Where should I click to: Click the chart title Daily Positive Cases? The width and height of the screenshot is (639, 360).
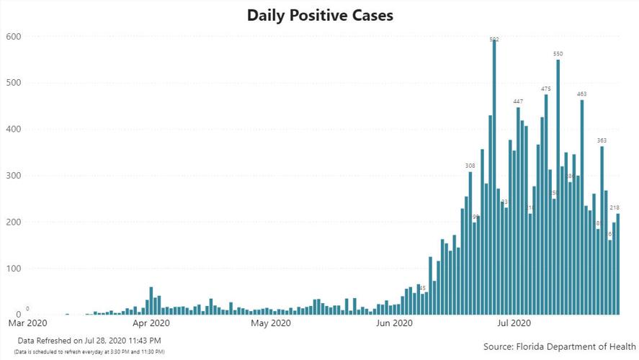320,15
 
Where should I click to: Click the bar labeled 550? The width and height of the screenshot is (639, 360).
558,187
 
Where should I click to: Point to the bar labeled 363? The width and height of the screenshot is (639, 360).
602,230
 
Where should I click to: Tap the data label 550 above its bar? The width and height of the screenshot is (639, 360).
558,54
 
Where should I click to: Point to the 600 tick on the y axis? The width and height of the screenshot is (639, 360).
14,37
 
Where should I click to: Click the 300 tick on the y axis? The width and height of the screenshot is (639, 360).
14,176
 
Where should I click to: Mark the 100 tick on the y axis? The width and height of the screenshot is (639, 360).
14,269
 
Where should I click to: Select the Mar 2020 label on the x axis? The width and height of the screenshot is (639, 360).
27,324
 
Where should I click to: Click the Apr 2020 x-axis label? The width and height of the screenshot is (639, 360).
150,324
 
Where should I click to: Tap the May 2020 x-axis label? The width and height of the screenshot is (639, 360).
270,324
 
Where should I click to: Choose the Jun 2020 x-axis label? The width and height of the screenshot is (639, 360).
394,324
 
